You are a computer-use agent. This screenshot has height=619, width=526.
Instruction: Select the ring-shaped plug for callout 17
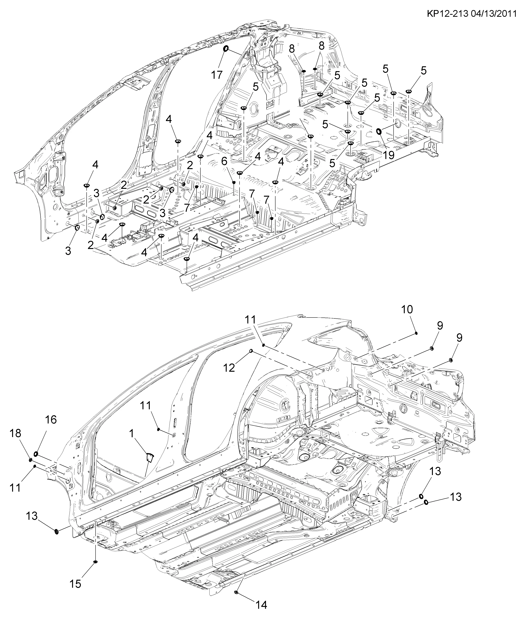point(226,49)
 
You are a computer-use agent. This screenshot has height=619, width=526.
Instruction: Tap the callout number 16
point(51,420)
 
